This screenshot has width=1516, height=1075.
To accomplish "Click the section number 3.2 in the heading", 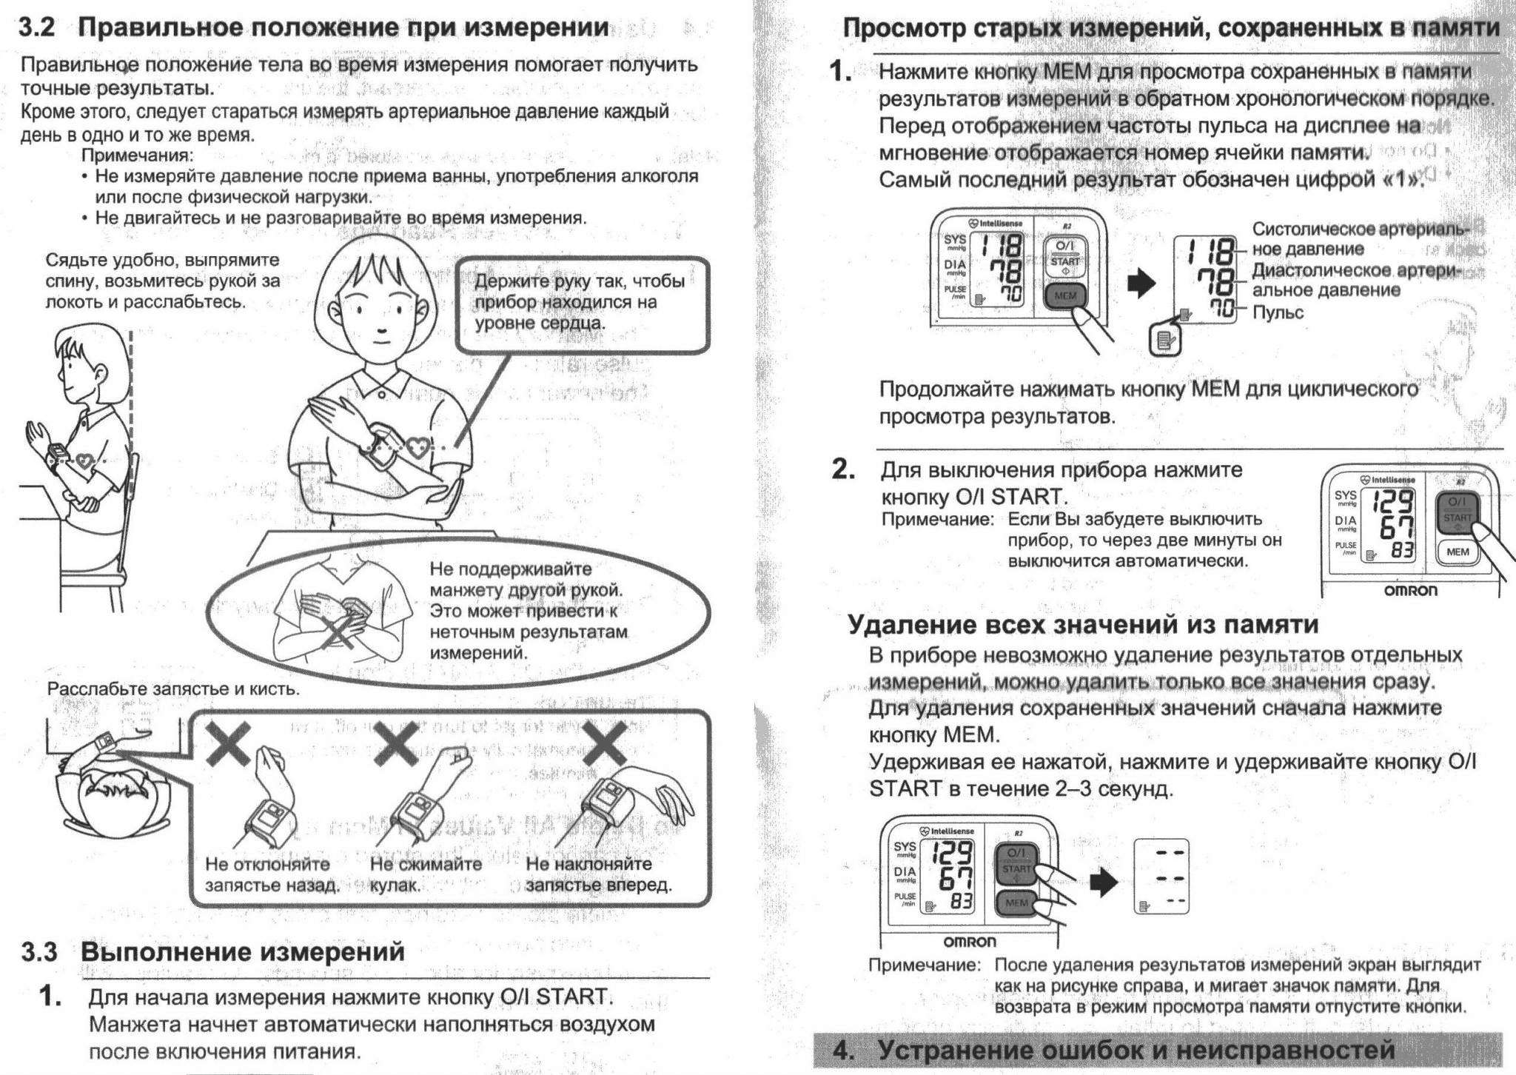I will pyautogui.click(x=37, y=28).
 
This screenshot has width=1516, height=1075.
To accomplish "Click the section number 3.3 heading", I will pyautogui.click(x=39, y=952).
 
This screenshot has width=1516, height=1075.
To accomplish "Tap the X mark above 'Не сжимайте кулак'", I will pyautogui.click(x=396, y=745).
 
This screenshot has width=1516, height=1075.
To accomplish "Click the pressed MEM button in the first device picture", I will pyautogui.click(x=1064, y=296).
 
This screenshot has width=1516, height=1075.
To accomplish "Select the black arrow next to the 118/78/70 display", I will pyautogui.click(x=1141, y=283).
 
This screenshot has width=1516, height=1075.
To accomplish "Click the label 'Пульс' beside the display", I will pyautogui.click(x=1278, y=312).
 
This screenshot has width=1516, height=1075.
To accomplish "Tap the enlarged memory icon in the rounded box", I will pyautogui.click(x=1165, y=341).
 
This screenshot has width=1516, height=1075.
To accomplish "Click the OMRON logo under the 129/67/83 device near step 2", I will pyautogui.click(x=1411, y=591).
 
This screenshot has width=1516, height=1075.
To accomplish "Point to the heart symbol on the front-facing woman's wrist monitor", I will pyautogui.click(x=417, y=447).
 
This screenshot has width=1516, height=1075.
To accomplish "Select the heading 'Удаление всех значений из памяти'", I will pyautogui.click(x=1082, y=625).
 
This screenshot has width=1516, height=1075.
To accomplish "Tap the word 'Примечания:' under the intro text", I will pyautogui.click(x=137, y=155).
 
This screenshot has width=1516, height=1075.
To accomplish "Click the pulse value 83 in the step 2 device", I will pyautogui.click(x=1401, y=551).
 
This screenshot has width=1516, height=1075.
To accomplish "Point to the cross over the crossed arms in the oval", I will pyautogui.click(x=339, y=633).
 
